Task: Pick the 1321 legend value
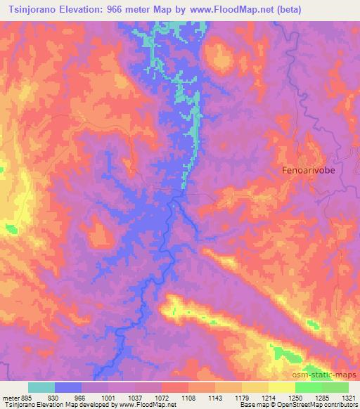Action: pos(348,397)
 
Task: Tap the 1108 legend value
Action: pos(188,397)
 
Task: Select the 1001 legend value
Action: pos(108,397)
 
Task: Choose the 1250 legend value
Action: pos(295,397)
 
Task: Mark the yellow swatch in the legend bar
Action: pos(281,387)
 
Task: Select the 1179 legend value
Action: pos(241,397)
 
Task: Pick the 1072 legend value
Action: pos(161,397)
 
